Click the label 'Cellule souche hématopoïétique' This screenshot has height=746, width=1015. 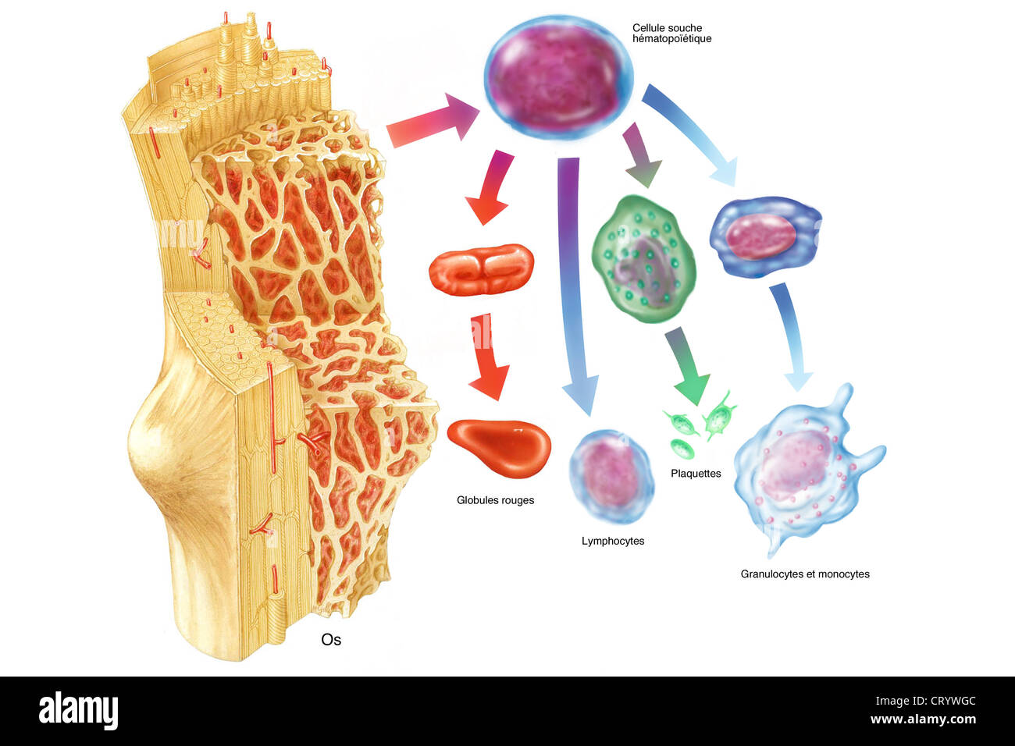pos(672,34)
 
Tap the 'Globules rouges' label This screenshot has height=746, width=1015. pos(495,500)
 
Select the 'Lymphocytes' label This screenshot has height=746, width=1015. pos(613,541)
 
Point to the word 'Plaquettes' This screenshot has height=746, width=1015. pos(696,474)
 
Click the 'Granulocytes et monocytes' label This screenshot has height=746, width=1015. pos(805,574)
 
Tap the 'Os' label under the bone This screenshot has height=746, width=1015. pos(331,640)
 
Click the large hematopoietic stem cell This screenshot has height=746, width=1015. pos(558,77)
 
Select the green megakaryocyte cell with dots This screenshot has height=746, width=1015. pos(644,258)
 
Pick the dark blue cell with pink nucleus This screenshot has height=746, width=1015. pos(765,236)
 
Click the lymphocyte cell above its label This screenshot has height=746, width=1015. pos(611,477)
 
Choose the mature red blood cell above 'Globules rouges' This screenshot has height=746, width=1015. pos(499,446)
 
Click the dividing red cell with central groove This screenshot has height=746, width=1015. pos(481,269)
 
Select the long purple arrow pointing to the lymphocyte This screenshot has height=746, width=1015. pos(575,286)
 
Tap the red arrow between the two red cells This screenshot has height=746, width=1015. pos(488,358)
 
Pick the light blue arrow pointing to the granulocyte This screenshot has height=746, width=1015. pos(792,336)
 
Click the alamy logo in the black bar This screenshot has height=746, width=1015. pos(78,711)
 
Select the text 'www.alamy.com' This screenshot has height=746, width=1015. pos(923,719)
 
